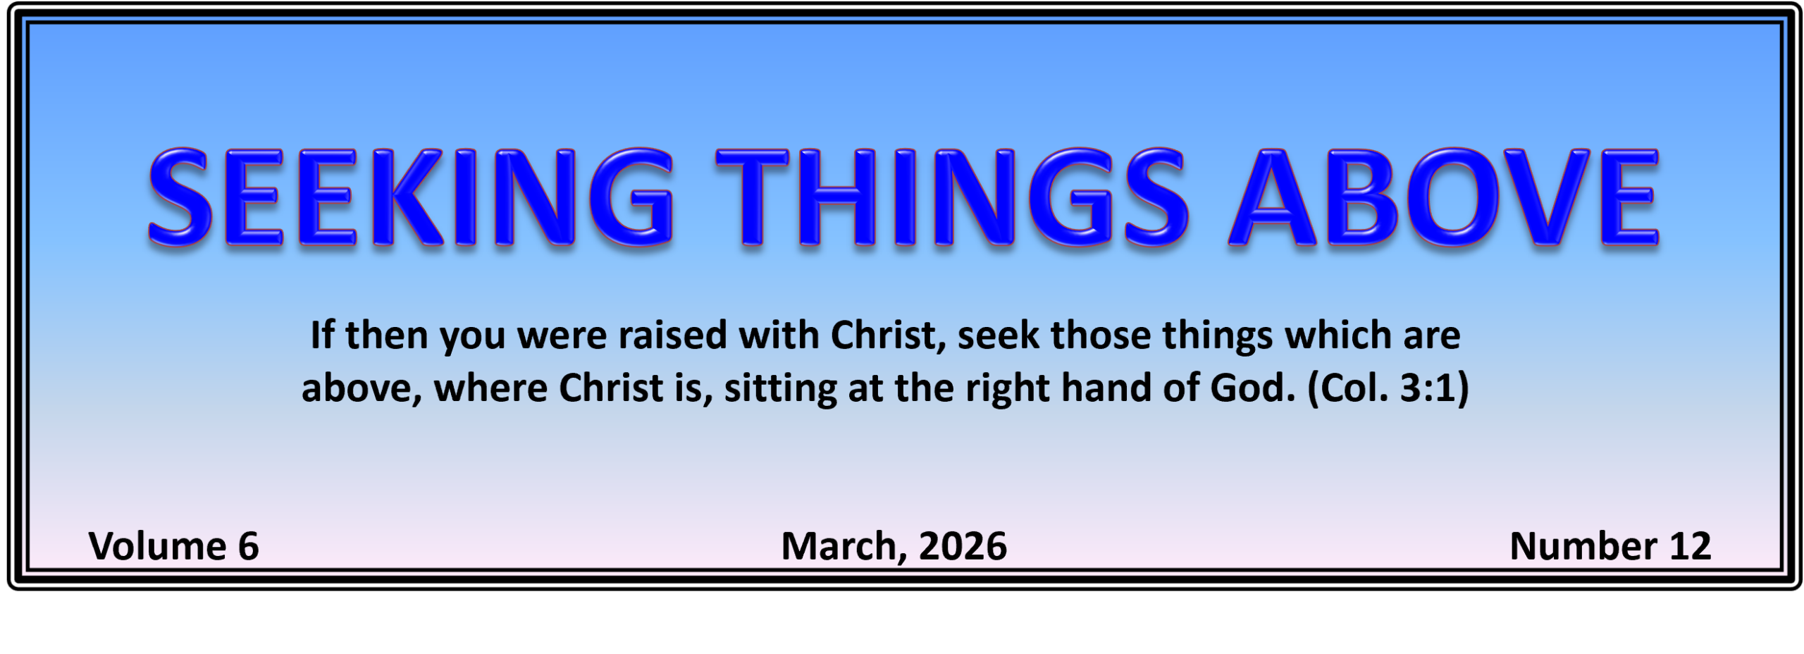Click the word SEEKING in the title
pos(410,197)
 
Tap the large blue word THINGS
pos(952,197)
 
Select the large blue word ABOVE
pos(1444,197)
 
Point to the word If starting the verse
pos(322,335)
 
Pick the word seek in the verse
pos(998,335)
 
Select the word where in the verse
pos(490,388)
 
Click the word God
pos(1253,388)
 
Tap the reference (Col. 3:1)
pos(1388,388)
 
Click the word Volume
pos(157,546)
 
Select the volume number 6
pos(248,546)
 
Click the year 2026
pos(963,546)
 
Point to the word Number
pos(1583,546)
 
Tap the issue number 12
pos(1690,546)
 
